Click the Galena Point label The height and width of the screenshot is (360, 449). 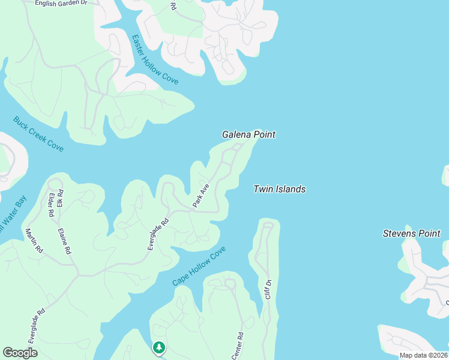[x=249, y=134]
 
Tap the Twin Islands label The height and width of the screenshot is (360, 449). [x=279, y=189]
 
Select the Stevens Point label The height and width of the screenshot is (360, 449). [x=411, y=233]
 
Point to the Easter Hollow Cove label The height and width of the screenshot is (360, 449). [x=155, y=59]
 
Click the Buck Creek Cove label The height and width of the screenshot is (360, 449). [x=38, y=134]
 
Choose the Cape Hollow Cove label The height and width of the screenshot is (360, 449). [x=199, y=266]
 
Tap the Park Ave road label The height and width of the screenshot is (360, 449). [x=200, y=196]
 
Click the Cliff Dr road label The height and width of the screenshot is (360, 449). [x=269, y=289]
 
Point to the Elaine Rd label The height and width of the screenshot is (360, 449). [x=64, y=240]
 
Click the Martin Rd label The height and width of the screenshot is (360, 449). [x=34, y=240]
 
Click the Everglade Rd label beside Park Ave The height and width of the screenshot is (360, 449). [x=158, y=234]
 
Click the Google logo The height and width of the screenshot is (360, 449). [x=20, y=353]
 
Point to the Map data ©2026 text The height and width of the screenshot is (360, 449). [x=423, y=355]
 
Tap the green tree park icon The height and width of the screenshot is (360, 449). [x=158, y=347]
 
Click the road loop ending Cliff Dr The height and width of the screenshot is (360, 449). [x=268, y=226]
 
